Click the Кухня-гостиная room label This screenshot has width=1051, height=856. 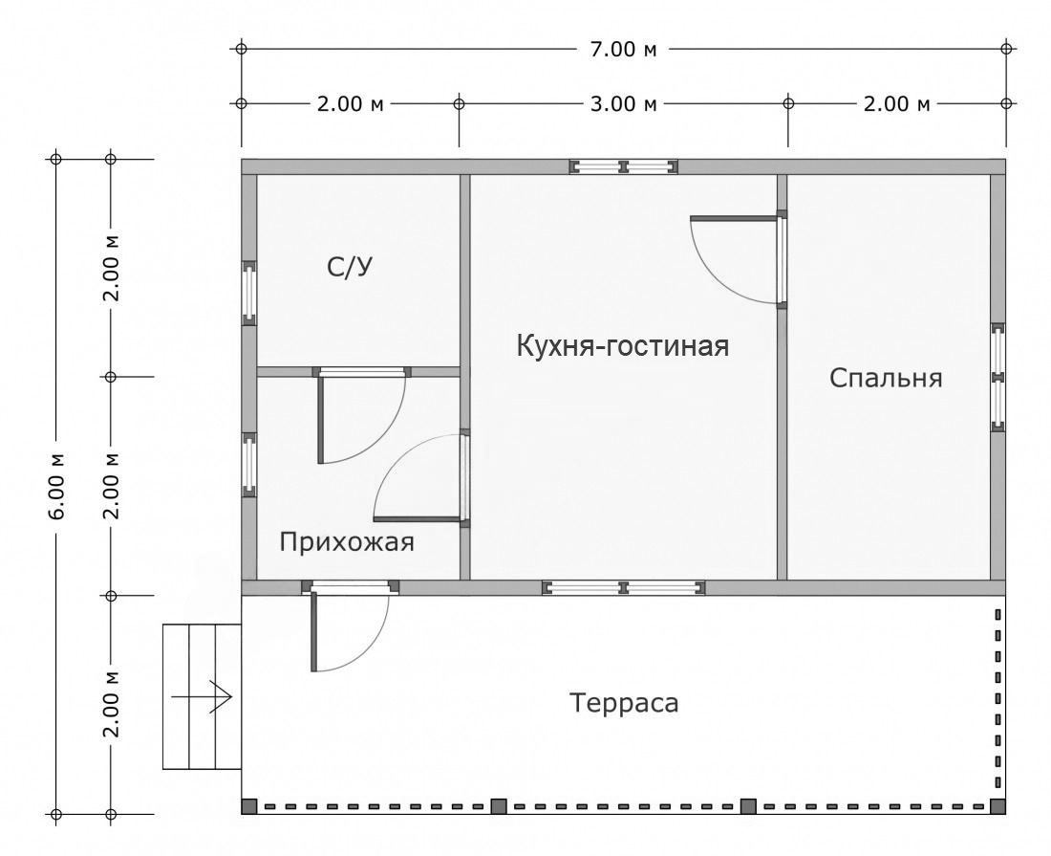click(x=623, y=345)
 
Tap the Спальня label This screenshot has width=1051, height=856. click(x=886, y=378)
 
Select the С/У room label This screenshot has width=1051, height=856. click(x=349, y=269)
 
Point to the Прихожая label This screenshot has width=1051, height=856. click(x=347, y=543)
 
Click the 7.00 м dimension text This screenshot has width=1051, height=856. click(x=623, y=49)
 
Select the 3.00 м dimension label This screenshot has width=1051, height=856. click(x=623, y=103)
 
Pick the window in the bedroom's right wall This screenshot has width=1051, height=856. click(x=997, y=377)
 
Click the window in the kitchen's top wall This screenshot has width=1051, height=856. click(x=624, y=166)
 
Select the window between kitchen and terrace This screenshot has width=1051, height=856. click(x=624, y=587)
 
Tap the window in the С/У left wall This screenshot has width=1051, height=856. click(x=249, y=294)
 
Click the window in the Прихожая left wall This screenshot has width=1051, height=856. click(x=249, y=465)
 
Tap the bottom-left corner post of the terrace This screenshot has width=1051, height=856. click(x=249, y=806)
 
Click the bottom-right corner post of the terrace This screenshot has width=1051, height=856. click(x=997, y=806)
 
